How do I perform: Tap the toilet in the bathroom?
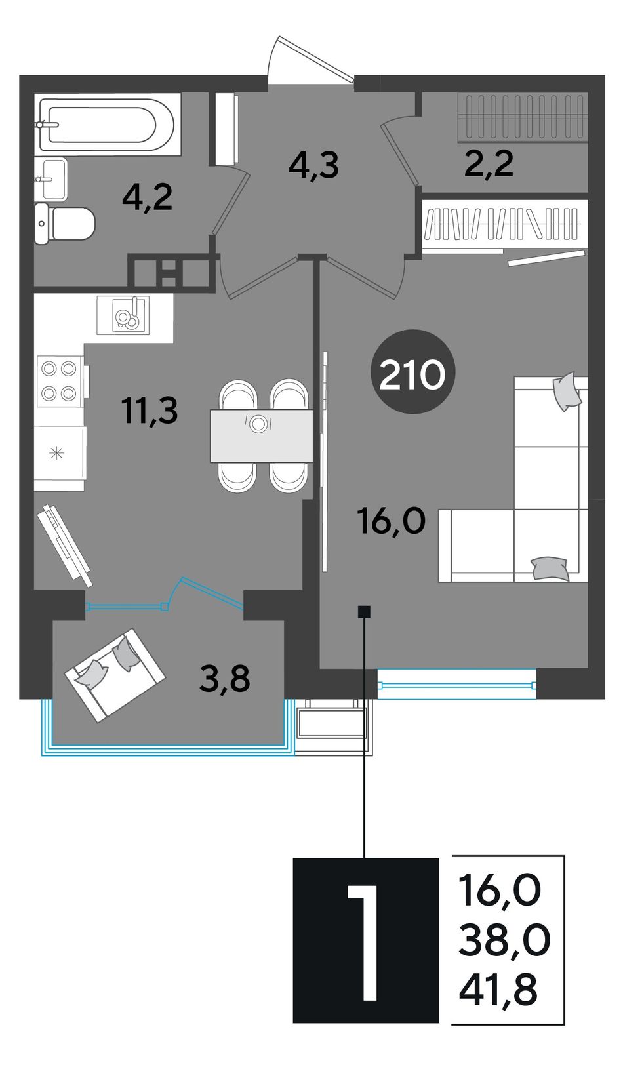(x=65, y=224)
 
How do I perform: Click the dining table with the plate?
(x=262, y=435)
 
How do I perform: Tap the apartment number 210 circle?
(x=412, y=372)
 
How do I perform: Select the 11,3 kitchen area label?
(x=150, y=411)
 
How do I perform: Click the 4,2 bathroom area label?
(x=147, y=198)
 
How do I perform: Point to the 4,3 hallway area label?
(x=314, y=166)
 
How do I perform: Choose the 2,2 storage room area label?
(x=489, y=164)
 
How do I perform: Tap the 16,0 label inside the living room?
(x=392, y=521)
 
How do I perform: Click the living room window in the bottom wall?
(x=456, y=685)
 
